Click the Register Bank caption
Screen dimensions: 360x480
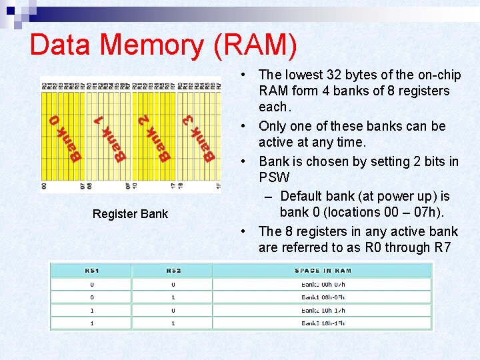130,214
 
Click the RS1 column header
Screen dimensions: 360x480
91,271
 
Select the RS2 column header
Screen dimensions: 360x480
173,271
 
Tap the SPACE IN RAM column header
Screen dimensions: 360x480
323,271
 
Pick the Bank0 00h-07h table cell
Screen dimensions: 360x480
323,285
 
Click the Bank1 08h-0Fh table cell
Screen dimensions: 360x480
323,297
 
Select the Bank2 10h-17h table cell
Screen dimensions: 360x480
323,310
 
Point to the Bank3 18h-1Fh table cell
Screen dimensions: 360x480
323,323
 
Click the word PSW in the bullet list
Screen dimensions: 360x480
274,177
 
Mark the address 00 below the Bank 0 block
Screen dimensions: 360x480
44,187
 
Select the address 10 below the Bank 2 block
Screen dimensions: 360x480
135,187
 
